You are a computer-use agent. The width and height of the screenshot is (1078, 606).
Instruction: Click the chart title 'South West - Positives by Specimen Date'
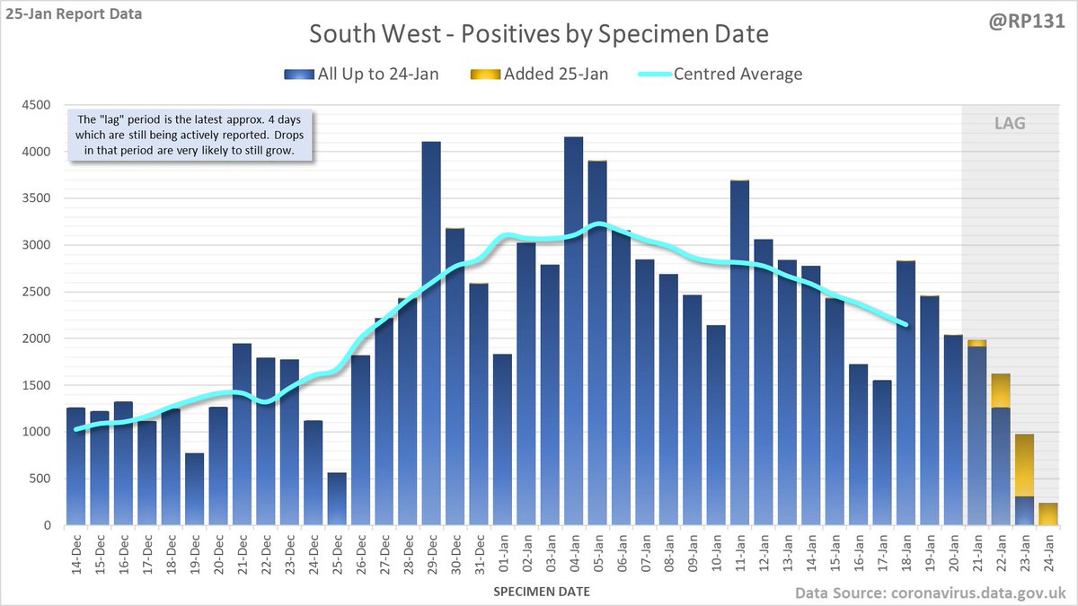539,34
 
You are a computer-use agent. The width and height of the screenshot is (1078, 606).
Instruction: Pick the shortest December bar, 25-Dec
336,499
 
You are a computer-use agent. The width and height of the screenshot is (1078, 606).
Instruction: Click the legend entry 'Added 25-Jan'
543,74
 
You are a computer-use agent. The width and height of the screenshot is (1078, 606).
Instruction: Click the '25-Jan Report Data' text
73,15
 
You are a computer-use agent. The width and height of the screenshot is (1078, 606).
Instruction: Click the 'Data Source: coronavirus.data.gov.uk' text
931,593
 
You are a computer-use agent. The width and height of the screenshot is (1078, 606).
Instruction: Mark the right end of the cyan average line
906,324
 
